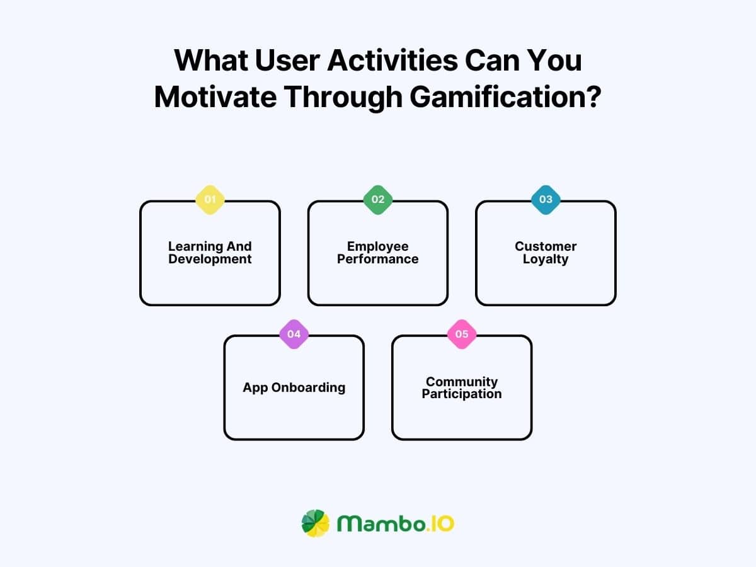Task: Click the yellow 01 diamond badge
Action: (x=210, y=200)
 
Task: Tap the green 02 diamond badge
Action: (x=378, y=200)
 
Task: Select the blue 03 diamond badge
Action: (x=546, y=200)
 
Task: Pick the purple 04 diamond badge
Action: (x=294, y=334)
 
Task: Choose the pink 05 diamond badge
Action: (x=462, y=334)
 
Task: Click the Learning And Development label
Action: (x=210, y=253)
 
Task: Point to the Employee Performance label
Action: (x=378, y=253)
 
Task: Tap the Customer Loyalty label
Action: (x=546, y=253)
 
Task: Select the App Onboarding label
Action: (x=294, y=387)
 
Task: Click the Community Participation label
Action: (x=462, y=387)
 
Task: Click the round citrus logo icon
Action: (x=315, y=524)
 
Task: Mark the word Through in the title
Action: (x=340, y=98)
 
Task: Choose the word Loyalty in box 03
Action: (x=546, y=259)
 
